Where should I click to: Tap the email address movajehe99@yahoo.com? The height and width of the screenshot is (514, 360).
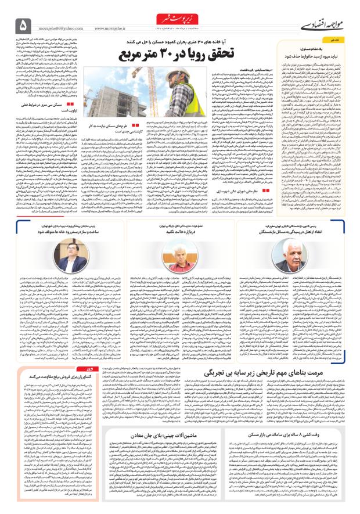click(x=62, y=26)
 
